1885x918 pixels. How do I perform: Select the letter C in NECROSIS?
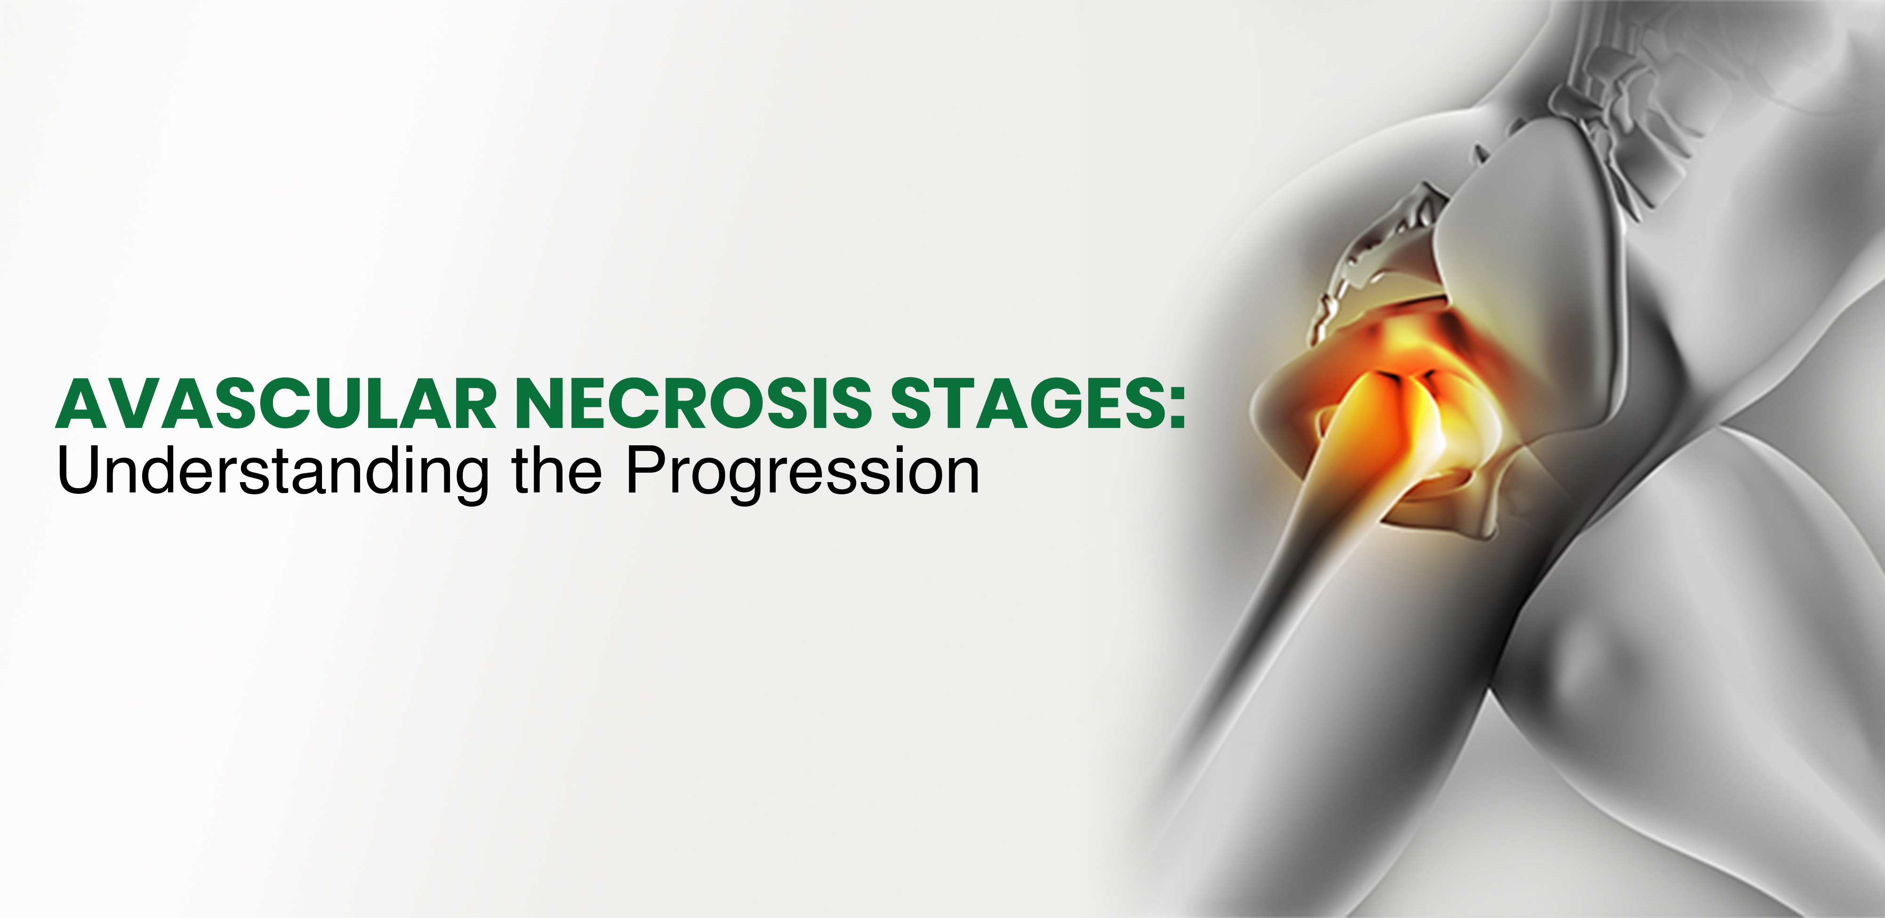(x=646, y=403)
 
